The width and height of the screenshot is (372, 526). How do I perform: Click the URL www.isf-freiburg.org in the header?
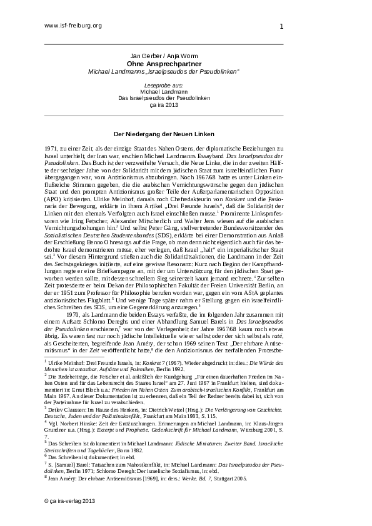tap(73, 26)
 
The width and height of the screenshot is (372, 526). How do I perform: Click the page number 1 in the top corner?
tap(281, 26)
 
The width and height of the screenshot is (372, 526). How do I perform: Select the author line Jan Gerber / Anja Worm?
tap(163, 56)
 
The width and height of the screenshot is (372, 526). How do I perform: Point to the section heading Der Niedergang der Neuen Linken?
tap(163, 134)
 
